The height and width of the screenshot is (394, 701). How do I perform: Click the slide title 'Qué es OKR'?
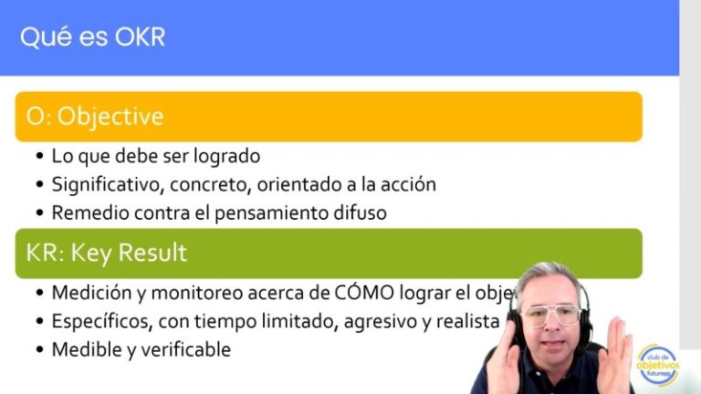point(92,37)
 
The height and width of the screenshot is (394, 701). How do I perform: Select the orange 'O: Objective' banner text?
point(95,117)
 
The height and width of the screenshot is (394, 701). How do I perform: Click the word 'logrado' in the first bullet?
point(229,155)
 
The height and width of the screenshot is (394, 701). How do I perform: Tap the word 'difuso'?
point(360,213)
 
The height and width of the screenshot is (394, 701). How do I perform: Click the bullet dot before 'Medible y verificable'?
point(39,350)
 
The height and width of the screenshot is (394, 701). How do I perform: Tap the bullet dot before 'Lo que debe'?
point(39,156)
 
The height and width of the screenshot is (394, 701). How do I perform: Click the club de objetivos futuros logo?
point(658,365)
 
